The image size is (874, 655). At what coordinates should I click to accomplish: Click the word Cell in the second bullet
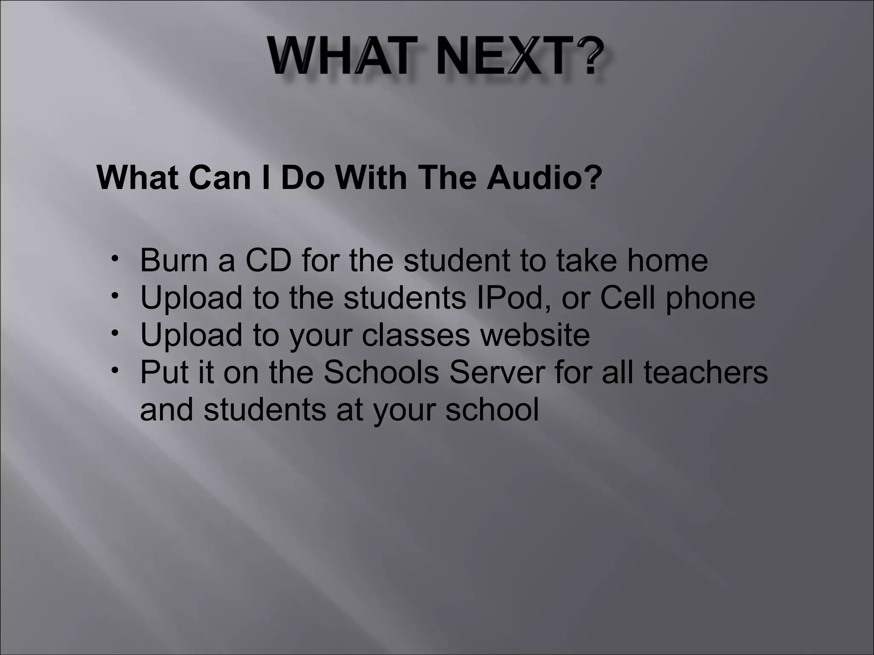[627, 298]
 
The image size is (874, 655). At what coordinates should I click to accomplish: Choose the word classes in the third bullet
[416, 335]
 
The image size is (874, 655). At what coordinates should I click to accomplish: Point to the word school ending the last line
[492, 409]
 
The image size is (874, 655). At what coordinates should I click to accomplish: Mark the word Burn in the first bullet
[174, 260]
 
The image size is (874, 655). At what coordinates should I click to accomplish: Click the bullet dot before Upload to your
[114, 333]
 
